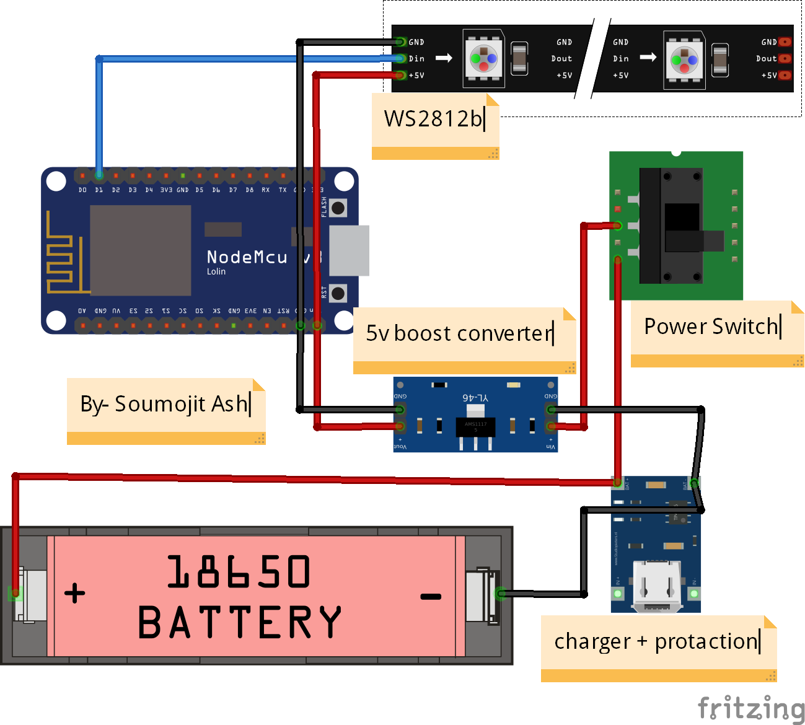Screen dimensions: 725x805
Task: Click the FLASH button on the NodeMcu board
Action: pyautogui.click(x=338, y=208)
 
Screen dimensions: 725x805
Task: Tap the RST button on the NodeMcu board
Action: pyautogui.click(x=338, y=293)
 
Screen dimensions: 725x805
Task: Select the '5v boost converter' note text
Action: pyautogui.click(x=459, y=333)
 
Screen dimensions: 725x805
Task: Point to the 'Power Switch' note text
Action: pyautogui.click(x=711, y=326)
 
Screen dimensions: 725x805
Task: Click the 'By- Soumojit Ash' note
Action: pyautogui.click(x=164, y=404)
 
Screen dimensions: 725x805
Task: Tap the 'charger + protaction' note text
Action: pyautogui.click(x=656, y=641)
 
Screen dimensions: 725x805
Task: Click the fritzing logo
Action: pyautogui.click(x=750, y=708)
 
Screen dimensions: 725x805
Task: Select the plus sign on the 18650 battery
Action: pyautogui.click(x=75, y=593)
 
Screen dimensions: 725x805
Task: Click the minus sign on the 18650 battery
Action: pyautogui.click(x=431, y=597)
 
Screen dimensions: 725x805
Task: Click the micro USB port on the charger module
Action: pyautogui.click(x=656, y=586)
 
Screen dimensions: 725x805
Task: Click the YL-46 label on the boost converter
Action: pyautogui.click(x=475, y=397)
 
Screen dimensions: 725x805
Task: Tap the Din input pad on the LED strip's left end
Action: pyautogui.click(x=400, y=59)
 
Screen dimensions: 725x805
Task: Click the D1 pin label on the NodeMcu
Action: pyautogui.click(x=99, y=190)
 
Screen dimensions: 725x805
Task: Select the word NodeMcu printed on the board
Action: pyautogui.click(x=247, y=257)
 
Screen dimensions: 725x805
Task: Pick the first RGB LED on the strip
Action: pyautogui.click(x=483, y=59)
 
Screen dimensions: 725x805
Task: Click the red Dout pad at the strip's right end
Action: pyautogui.click(x=785, y=59)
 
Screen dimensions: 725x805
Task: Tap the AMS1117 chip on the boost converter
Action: pyautogui.click(x=475, y=427)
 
